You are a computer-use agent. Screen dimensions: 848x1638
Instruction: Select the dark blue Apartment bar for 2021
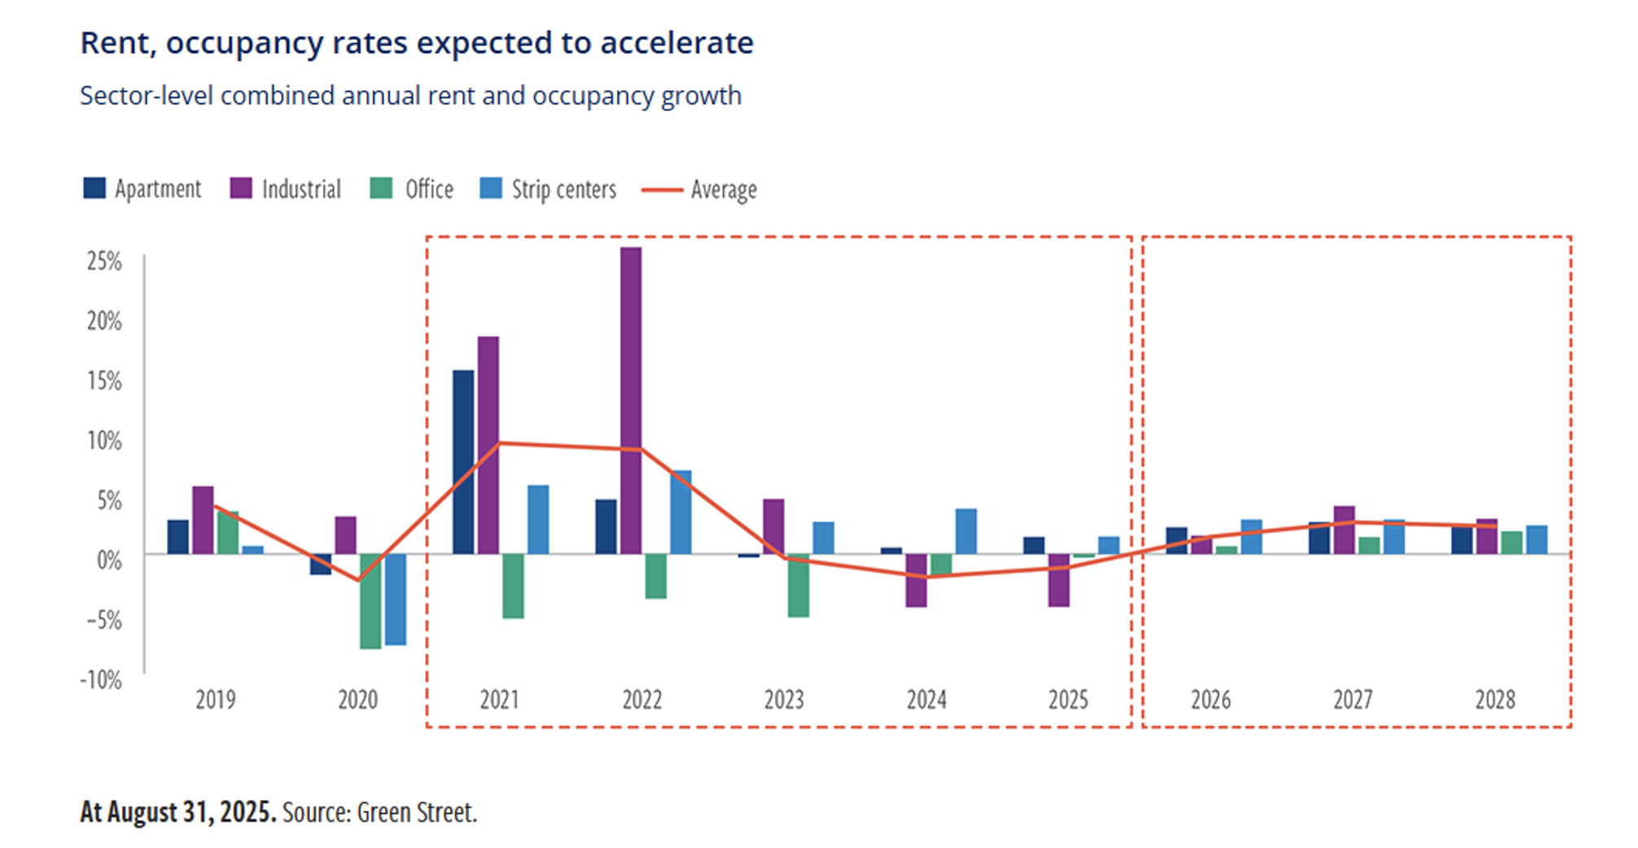pyautogui.click(x=463, y=462)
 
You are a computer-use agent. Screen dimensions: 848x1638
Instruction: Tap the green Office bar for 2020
pyautogui.click(x=370, y=601)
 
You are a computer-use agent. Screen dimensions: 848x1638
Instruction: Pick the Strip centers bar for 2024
pyautogui.click(x=966, y=531)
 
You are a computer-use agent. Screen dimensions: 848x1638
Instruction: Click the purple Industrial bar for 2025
pyautogui.click(x=1059, y=580)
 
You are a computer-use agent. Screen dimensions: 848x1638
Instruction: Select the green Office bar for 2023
pyautogui.click(x=799, y=585)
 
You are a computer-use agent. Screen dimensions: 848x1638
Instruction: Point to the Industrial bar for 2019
pyautogui.click(x=203, y=520)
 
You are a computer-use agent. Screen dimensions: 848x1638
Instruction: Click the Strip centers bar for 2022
pyautogui.click(x=681, y=512)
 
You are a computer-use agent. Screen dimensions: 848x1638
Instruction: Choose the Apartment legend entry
pyautogui.click(x=142, y=189)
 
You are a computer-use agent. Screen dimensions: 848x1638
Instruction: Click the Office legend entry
pyautogui.click(x=412, y=189)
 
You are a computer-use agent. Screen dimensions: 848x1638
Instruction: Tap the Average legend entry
pyautogui.click(x=700, y=190)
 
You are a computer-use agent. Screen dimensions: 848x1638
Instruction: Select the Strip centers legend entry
pyautogui.click(x=549, y=189)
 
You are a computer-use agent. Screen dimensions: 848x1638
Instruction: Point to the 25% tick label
pyautogui.click(x=104, y=261)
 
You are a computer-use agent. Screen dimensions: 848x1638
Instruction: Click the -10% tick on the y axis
pyautogui.click(x=101, y=680)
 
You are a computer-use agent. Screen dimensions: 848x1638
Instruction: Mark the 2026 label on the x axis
pyautogui.click(x=1211, y=700)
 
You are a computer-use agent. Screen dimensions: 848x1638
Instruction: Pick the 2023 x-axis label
pyautogui.click(x=784, y=700)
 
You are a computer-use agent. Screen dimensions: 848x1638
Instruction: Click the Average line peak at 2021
pyautogui.click(x=499, y=443)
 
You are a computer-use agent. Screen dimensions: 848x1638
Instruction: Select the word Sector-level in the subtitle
pyautogui.click(x=147, y=96)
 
